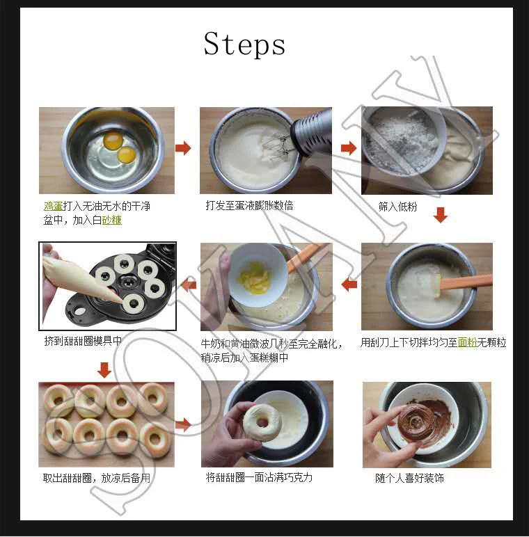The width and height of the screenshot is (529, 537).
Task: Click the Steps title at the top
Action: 244,44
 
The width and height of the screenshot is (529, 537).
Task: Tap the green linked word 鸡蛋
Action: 53,206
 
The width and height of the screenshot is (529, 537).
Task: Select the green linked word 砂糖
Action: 112,220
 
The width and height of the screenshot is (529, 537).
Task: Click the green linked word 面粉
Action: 467,342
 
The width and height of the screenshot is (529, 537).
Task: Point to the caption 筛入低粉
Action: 397,207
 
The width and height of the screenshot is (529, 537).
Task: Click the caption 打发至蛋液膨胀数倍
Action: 249,205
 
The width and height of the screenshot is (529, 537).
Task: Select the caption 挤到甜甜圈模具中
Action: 83,341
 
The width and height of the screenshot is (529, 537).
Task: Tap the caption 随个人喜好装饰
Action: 409,478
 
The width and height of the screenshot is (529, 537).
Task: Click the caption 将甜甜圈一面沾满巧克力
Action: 259,477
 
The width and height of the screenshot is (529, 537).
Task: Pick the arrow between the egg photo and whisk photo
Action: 183,148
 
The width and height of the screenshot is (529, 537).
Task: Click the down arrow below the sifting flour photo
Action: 441,215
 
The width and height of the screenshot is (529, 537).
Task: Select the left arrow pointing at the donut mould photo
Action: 189,285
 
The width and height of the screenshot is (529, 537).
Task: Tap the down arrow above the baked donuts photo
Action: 104,370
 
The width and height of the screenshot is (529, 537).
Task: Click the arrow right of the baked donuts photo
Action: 183,425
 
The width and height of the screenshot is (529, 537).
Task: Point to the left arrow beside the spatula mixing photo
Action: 349,284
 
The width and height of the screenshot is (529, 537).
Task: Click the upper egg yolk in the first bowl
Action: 113,141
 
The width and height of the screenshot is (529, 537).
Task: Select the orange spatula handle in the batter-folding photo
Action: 466,282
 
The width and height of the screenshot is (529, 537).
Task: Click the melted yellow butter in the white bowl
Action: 254,275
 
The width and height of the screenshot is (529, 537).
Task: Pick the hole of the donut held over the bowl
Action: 262,422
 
